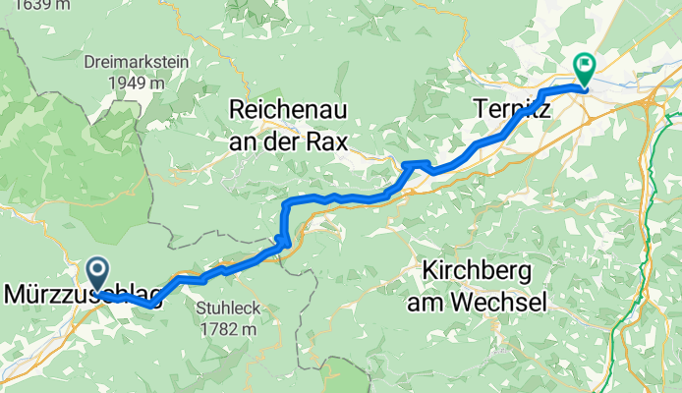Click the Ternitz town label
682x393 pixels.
(x=511, y=108)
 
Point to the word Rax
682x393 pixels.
(x=326, y=141)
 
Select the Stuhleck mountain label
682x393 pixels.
(x=228, y=309)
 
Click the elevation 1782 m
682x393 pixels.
(x=228, y=328)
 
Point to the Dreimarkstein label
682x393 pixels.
(x=137, y=60)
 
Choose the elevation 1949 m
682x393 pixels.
(x=137, y=83)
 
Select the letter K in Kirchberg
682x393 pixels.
(x=429, y=270)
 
